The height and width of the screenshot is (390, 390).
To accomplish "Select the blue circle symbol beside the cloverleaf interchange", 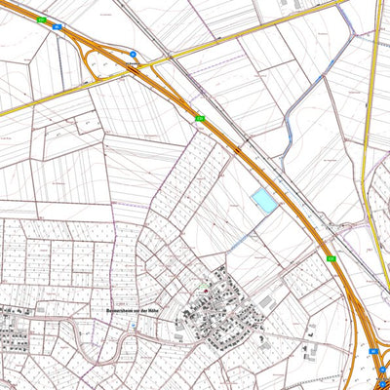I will point(134,55).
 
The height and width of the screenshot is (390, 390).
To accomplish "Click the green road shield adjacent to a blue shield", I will point(41,19).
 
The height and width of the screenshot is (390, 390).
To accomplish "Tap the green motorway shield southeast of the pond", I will point(331,259).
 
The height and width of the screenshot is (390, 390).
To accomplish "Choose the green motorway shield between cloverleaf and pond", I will point(200,119).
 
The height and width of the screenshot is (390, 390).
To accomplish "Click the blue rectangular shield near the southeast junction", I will point(373,348).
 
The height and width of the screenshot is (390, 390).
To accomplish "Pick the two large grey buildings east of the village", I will point(311,350).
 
